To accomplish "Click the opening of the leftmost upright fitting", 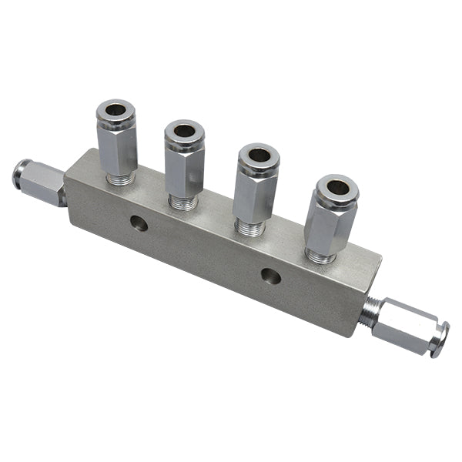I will pos(115,110).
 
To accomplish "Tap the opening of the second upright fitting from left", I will pos(184,130).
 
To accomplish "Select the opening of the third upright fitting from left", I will pos(259,155).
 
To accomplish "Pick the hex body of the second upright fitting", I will pos(185,171).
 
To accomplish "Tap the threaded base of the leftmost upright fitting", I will pos(119,179).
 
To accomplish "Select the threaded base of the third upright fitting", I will pos(250,228).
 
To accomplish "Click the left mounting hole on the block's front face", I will pos(139,223).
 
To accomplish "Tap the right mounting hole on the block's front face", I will pos(270,276).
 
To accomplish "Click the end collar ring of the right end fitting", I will pos(440,340).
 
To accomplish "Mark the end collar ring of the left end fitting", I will pos(18,174).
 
